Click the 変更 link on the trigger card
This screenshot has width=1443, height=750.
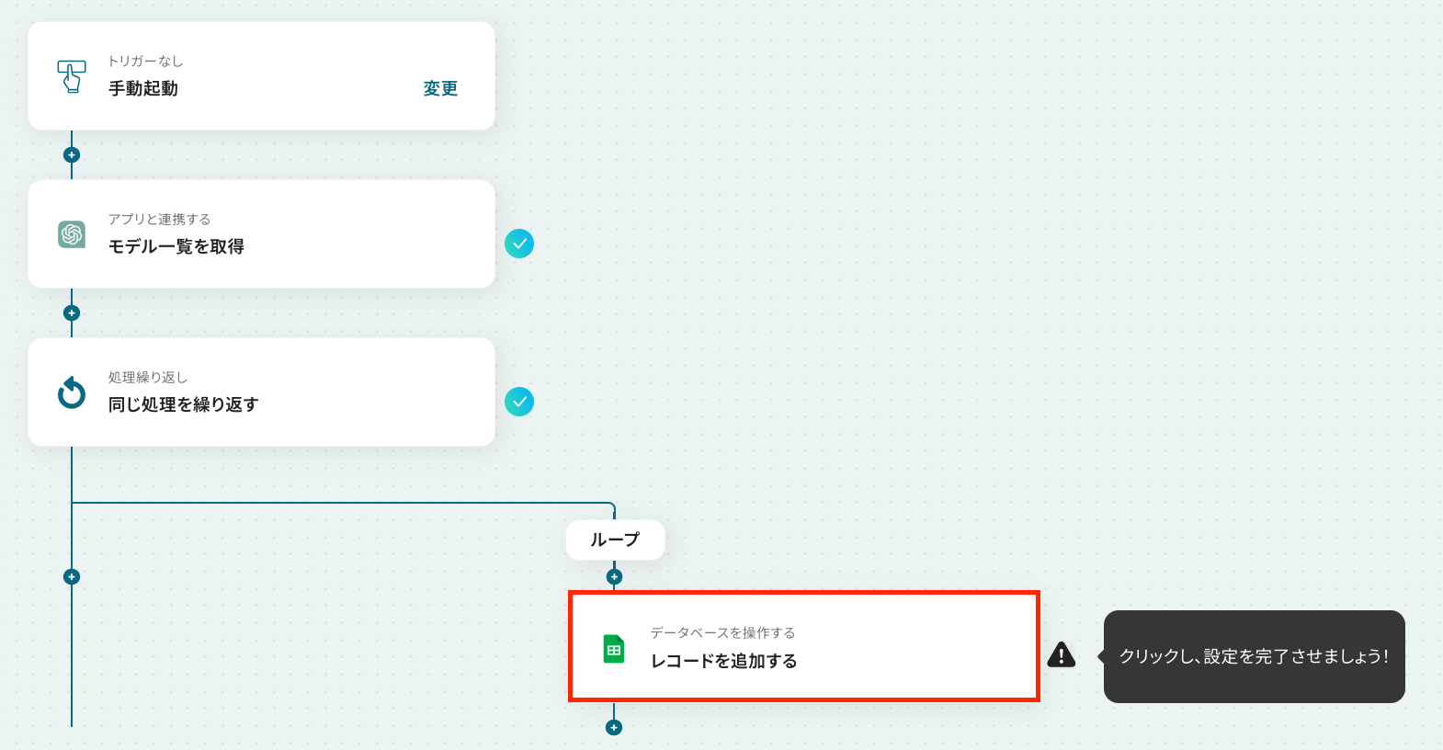[440, 88]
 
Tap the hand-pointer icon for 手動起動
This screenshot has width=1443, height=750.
[72, 76]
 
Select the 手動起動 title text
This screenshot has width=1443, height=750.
[143, 88]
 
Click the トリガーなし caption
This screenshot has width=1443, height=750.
[145, 62]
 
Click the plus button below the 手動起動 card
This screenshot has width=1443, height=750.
[72, 155]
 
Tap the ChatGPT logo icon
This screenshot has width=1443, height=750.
[72, 234]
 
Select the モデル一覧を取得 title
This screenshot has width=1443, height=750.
[176, 246]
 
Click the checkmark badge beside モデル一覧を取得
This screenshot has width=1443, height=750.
[519, 244]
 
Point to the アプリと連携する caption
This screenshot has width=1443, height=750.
[159, 219]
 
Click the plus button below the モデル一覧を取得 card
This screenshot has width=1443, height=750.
[72, 313]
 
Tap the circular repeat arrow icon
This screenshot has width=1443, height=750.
[72, 392]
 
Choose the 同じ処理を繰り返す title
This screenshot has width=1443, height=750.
[184, 404]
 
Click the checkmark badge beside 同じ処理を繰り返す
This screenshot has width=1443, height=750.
[519, 402]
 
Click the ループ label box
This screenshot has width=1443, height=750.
[615, 540]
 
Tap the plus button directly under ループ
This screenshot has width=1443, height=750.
[615, 576]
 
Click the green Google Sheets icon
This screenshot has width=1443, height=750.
[614, 649]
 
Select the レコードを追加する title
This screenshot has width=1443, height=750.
[724, 661]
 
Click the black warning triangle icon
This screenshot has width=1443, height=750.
[1061, 654]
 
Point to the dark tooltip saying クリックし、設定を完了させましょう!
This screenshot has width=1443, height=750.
[1254, 656]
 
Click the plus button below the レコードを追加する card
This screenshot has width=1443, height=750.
[614, 727]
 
